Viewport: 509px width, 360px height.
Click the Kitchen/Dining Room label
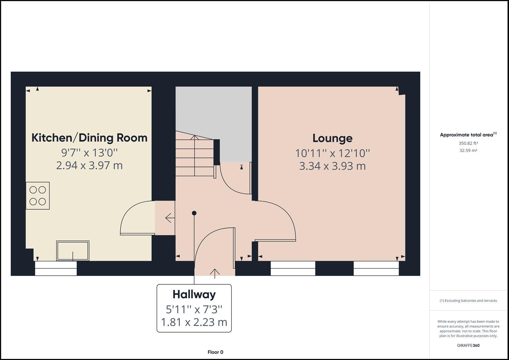pyautogui.click(x=89, y=138)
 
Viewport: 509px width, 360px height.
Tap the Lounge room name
pyautogui.click(x=332, y=138)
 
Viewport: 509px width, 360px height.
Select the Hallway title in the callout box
pyautogui.click(x=194, y=294)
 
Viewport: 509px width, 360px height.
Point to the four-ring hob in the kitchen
pyautogui.click(x=38, y=196)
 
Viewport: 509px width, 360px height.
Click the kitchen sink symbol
pyautogui.click(x=73, y=251)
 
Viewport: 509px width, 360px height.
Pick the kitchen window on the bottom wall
pyautogui.click(x=56, y=268)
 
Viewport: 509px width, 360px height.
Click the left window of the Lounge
pyautogui.click(x=293, y=268)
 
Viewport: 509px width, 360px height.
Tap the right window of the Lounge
pyautogui.click(x=376, y=268)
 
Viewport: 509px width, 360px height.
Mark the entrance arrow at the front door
pyautogui.click(x=215, y=273)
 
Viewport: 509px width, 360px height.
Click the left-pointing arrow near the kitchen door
pyautogui.click(x=170, y=218)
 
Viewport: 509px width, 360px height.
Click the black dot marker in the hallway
pyautogui.click(x=194, y=213)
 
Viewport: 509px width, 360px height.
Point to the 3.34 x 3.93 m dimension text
pyautogui.click(x=332, y=166)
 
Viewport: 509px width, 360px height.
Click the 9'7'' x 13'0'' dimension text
pyautogui.click(x=89, y=153)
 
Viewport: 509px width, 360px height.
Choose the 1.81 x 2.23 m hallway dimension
pyautogui.click(x=194, y=322)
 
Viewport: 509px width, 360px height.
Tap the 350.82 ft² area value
pyautogui.click(x=468, y=143)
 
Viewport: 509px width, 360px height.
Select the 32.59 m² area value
pyautogui.click(x=468, y=150)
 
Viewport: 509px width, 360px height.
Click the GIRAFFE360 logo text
pyautogui.click(x=468, y=345)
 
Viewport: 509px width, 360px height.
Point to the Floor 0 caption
pyautogui.click(x=215, y=352)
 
